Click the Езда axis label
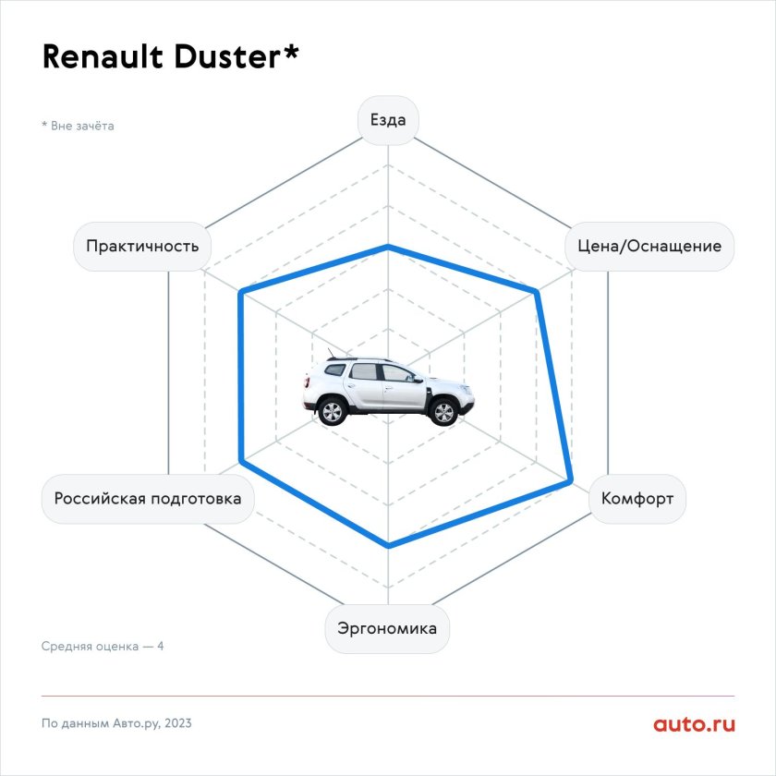(x=388, y=120)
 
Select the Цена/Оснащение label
(x=649, y=246)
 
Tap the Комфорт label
(x=637, y=498)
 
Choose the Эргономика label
(x=387, y=628)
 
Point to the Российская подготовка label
(x=148, y=498)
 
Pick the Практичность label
(x=142, y=246)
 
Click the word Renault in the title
(x=103, y=56)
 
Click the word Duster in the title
(x=227, y=56)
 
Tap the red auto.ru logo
(x=695, y=724)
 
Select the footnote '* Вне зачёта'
(x=78, y=126)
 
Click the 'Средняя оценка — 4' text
(x=103, y=647)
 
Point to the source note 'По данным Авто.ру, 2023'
(x=116, y=723)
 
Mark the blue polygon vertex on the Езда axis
(x=389, y=247)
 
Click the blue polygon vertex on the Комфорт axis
(x=571, y=480)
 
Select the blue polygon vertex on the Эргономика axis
(x=389, y=545)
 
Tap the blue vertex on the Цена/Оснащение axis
(x=537, y=293)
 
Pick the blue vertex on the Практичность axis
(x=241, y=293)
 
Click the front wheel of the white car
(x=443, y=412)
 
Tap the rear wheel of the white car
(x=332, y=411)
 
